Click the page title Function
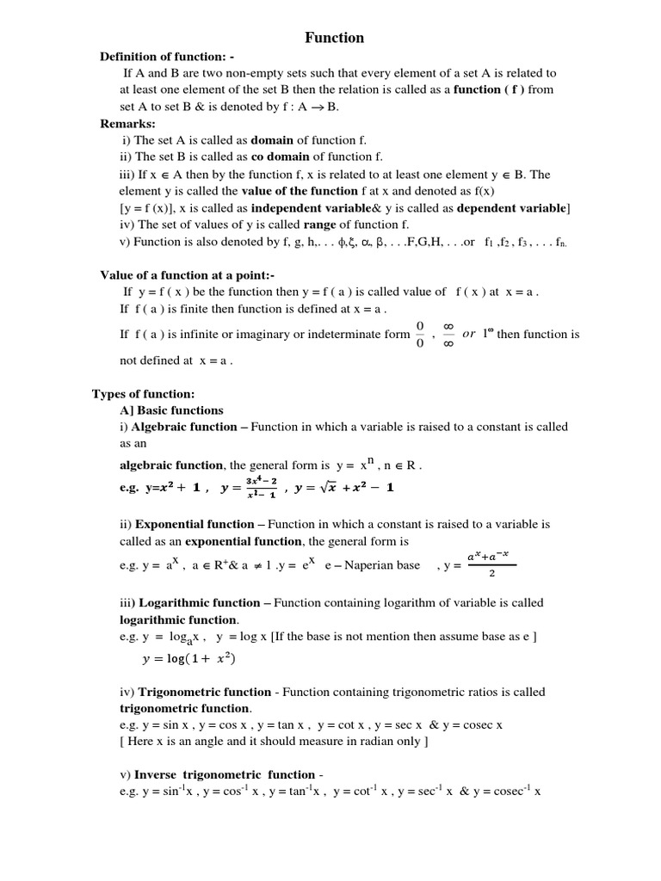(x=335, y=38)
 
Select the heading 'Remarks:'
(x=127, y=124)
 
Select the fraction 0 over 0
(x=420, y=335)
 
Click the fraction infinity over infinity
(x=448, y=335)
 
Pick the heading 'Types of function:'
(x=132, y=394)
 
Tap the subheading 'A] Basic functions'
(x=171, y=410)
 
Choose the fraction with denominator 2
(x=491, y=565)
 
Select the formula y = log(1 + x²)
(x=188, y=659)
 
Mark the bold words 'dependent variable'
(x=512, y=208)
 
